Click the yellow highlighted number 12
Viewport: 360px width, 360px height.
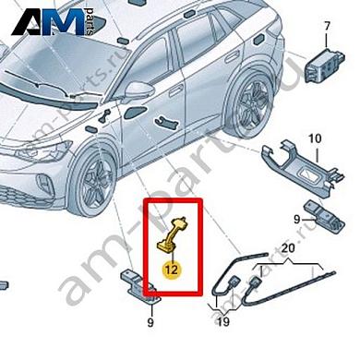[171, 270]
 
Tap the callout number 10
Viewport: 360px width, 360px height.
[314, 138]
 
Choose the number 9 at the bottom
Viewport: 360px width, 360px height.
[150, 324]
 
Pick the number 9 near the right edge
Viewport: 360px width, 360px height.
[296, 220]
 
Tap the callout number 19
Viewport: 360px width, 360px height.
[222, 323]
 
